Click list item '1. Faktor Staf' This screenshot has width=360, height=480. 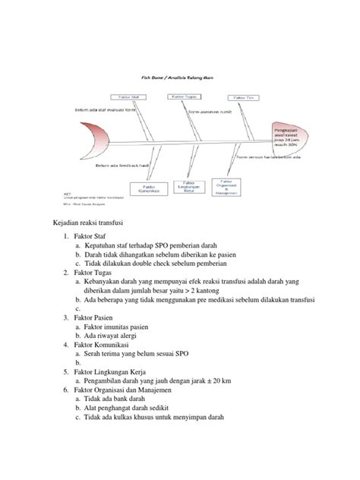tap(90, 237)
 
